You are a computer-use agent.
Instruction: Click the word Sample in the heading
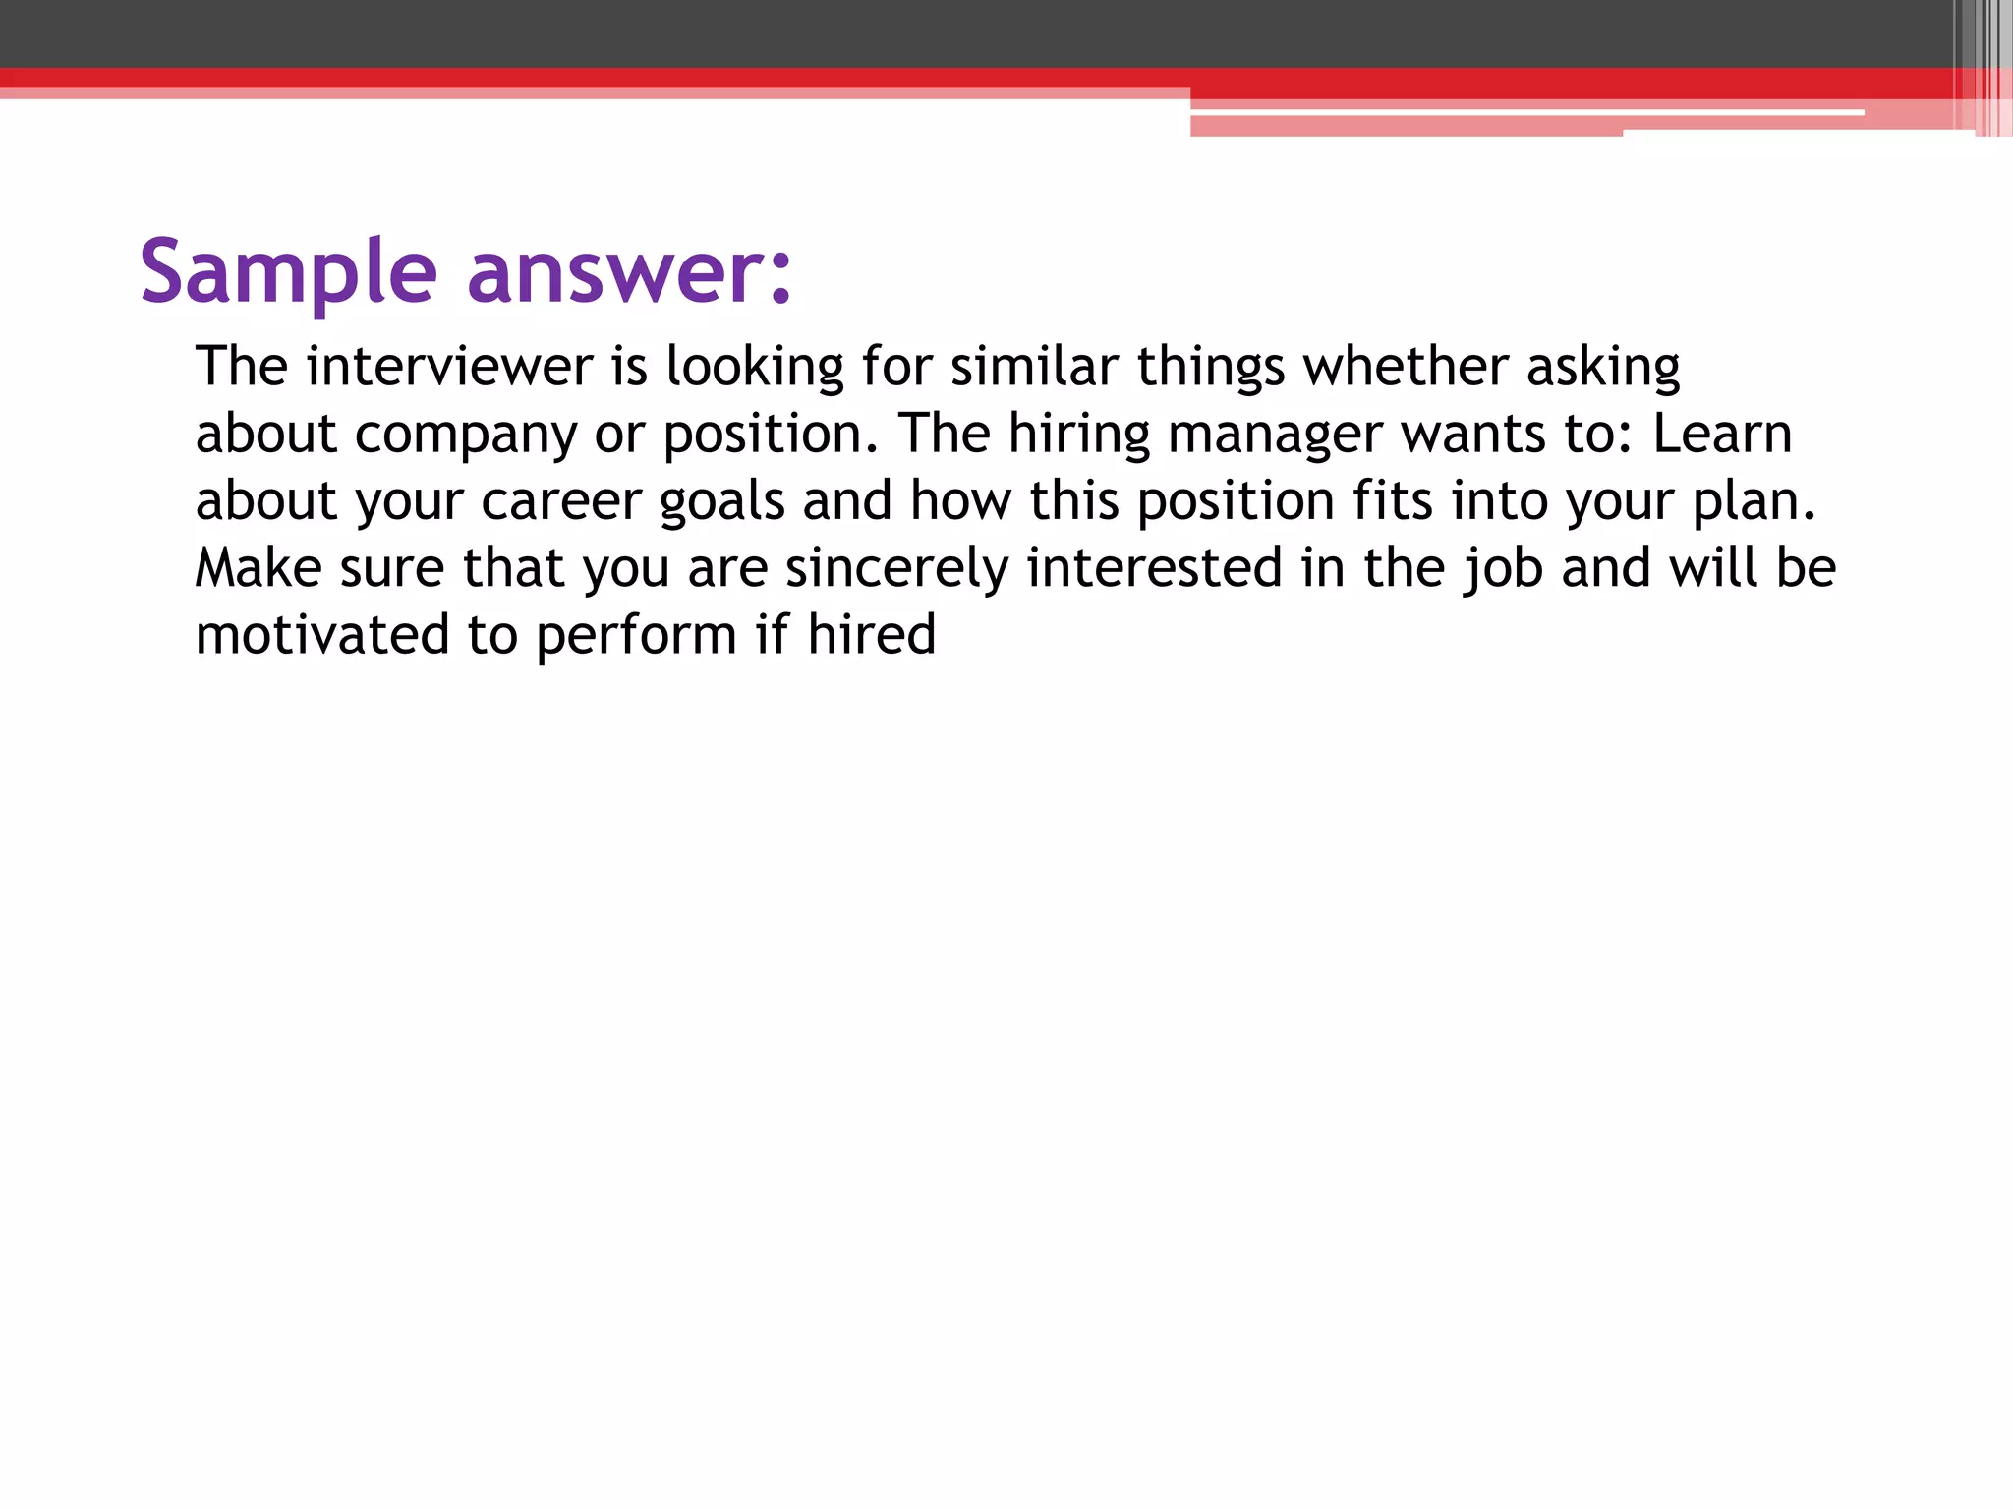(288, 272)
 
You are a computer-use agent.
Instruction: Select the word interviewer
(449, 367)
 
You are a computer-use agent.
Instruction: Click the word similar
(1034, 367)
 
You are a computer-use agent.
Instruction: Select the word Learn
(1722, 434)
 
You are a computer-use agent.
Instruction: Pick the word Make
(259, 568)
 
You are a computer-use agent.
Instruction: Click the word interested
(1154, 568)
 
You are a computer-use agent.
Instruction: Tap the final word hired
(871, 635)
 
